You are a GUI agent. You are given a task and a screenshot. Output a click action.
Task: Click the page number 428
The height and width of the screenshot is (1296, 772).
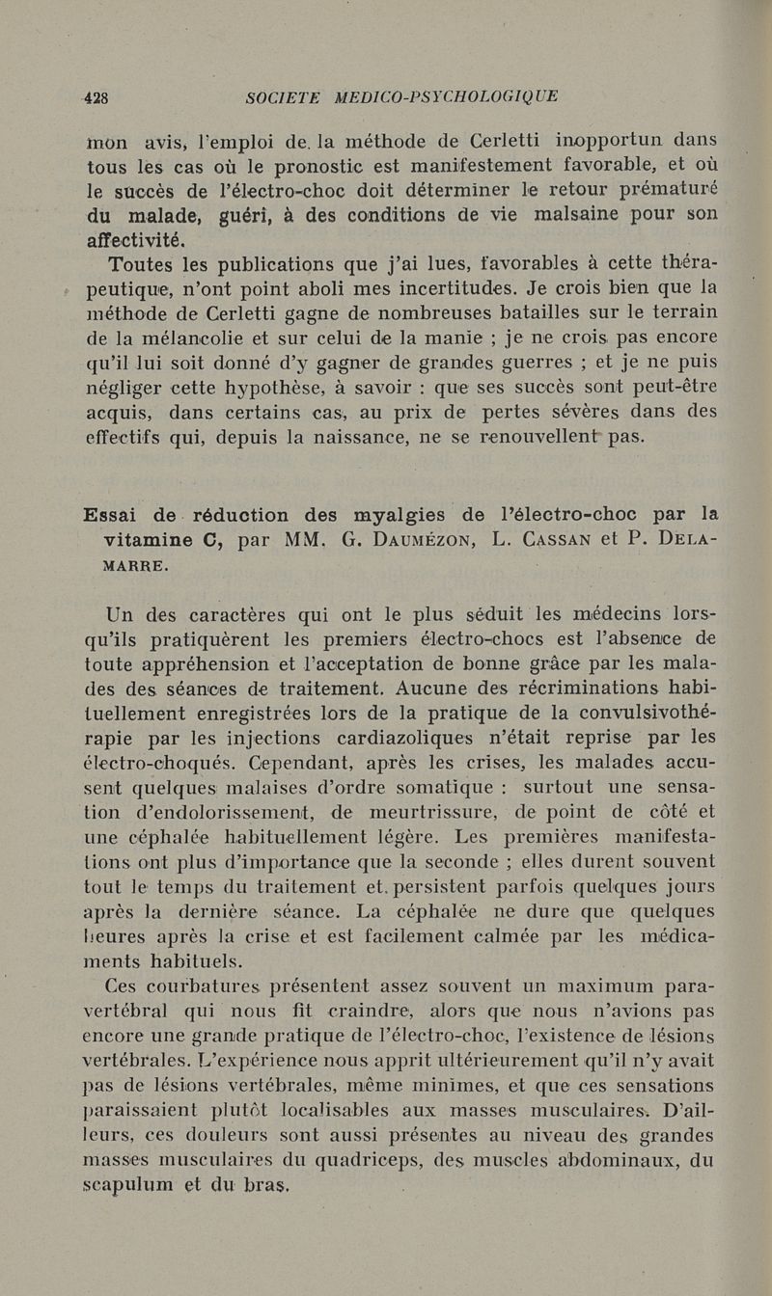pos(96,96)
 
